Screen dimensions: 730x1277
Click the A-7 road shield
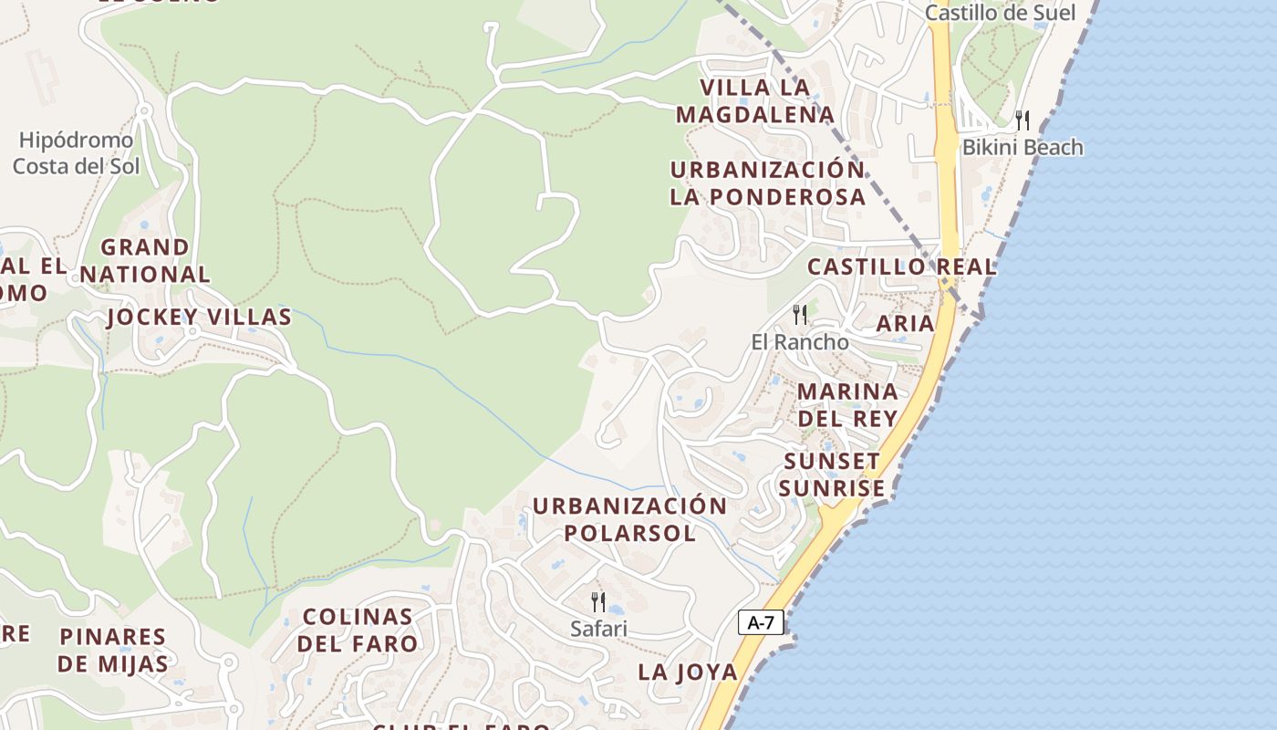761,623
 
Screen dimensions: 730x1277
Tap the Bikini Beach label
1023,147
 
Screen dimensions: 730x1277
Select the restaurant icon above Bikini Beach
1023,120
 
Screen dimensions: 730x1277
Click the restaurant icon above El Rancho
800,315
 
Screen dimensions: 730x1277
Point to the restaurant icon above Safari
598,601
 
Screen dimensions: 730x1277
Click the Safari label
598,629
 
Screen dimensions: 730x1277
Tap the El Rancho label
800,342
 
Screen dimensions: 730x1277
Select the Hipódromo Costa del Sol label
77,153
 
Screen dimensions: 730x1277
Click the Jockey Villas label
199,318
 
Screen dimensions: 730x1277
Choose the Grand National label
144,260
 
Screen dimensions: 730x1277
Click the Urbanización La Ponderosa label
767,183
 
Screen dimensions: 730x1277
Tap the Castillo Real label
902,267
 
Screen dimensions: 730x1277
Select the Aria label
905,323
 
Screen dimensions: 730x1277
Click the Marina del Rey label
847,404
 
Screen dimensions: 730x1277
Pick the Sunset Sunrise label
832,474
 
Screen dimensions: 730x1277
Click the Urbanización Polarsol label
629,519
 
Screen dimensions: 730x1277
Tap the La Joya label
688,673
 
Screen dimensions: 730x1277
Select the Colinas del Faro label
358,630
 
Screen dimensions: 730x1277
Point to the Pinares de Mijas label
113,650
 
